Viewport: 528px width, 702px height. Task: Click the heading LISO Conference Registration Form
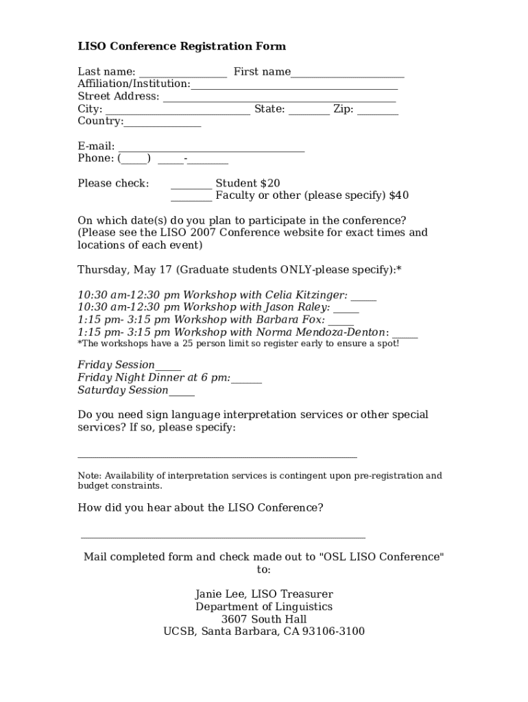[x=182, y=47]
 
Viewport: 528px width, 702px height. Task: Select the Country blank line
[x=163, y=125]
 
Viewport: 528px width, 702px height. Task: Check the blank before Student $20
[x=191, y=186]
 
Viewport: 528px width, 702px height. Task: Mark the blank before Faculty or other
[x=191, y=199]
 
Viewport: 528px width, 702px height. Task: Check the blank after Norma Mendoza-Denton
[x=405, y=336]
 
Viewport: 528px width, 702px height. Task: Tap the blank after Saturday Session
[x=182, y=394]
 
